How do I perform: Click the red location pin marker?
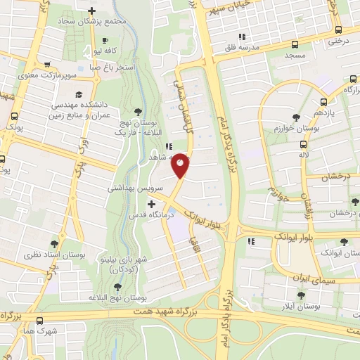tap(181, 165)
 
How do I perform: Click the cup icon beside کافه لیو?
tap(105, 40)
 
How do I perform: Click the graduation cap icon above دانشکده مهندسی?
tap(79, 94)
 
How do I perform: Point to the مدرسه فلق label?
tap(259, 47)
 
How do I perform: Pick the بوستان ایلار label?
tap(307, 307)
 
